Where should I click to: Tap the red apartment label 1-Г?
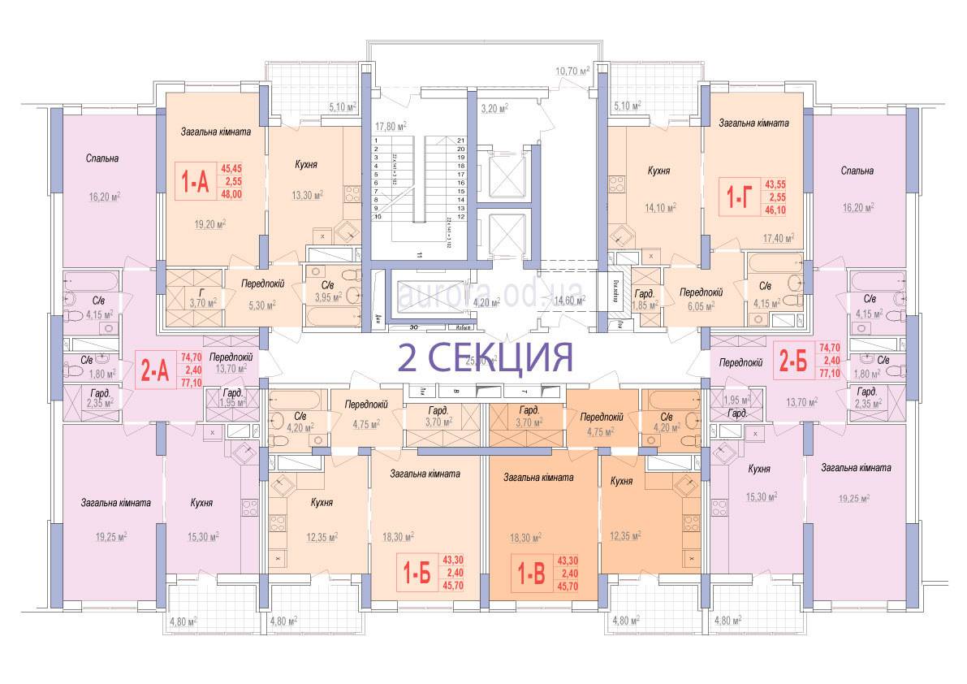tap(736, 195)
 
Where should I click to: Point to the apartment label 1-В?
tap(532, 573)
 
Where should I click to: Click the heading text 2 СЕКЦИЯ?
tap(486, 356)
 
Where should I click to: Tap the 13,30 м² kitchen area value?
tap(307, 195)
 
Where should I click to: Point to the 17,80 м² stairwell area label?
tap(390, 126)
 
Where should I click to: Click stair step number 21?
tap(460, 141)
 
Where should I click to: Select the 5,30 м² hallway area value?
tap(260, 305)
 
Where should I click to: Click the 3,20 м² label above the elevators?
tap(494, 107)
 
